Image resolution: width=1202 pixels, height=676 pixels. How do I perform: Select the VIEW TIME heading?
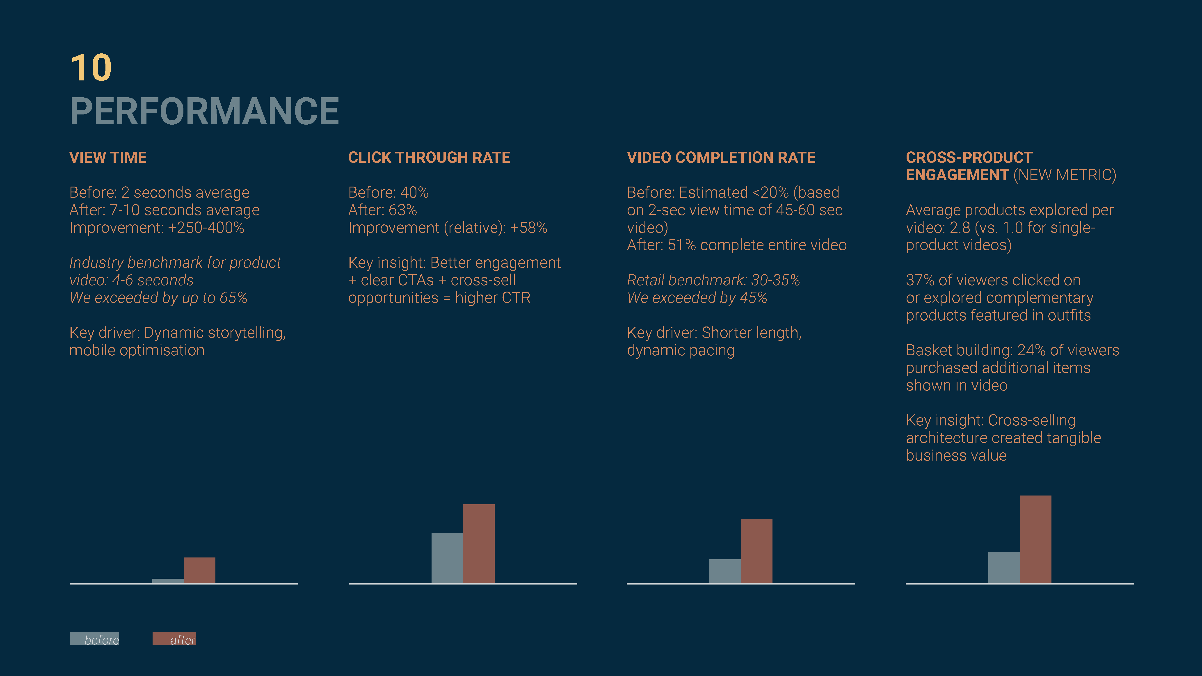(x=108, y=158)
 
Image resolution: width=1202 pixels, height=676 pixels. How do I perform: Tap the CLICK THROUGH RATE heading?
(x=429, y=158)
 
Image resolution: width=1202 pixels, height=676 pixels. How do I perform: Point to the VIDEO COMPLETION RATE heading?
(x=721, y=158)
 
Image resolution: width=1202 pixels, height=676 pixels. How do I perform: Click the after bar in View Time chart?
(x=199, y=570)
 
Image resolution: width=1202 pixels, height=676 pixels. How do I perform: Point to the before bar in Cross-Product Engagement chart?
(x=1004, y=567)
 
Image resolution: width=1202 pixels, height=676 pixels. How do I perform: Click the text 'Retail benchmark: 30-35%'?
(x=713, y=280)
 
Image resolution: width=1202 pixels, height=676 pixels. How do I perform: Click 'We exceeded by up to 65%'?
(x=158, y=298)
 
